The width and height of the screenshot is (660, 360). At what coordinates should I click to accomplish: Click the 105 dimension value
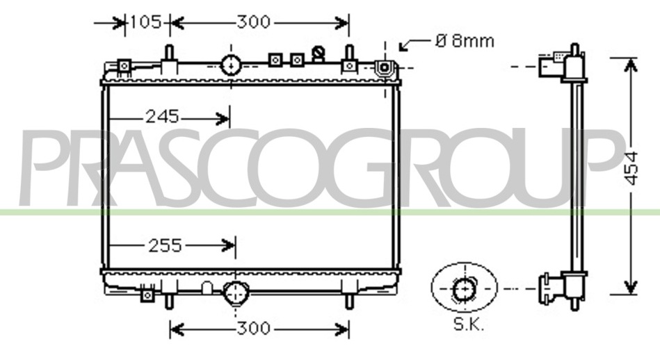point(145,22)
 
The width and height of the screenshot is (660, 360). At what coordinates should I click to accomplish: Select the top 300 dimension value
point(253,22)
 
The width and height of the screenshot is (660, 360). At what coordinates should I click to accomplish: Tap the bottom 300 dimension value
point(253,328)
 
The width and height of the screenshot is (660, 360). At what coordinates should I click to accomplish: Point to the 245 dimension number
point(163,117)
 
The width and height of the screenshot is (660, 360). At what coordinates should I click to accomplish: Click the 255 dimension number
point(166,245)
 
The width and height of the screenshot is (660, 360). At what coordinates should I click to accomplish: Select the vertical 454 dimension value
point(631,168)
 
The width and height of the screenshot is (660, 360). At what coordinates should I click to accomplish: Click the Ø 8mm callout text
point(465,41)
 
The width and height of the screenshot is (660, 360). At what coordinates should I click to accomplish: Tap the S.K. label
point(469,325)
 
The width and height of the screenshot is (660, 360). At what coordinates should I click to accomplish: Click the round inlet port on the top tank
point(231,65)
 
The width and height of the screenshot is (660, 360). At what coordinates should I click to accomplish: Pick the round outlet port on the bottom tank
point(235,293)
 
